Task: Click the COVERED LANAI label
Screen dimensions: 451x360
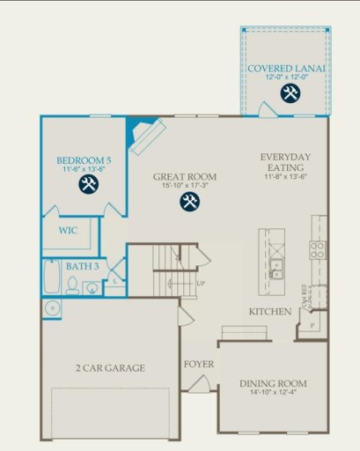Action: click(287, 68)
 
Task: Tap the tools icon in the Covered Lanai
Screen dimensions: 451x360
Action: click(289, 92)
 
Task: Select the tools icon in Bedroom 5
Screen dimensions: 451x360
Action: click(88, 184)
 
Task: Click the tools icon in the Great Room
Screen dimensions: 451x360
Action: click(189, 201)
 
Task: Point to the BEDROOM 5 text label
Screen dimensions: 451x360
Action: click(84, 160)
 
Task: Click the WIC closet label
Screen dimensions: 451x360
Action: click(69, 231)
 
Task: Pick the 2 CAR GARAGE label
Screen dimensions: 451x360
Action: click(110, 367)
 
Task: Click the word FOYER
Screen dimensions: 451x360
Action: click(198, 364)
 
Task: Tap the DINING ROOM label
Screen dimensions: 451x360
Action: click(274, 383)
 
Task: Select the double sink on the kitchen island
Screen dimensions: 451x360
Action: click(276, 268)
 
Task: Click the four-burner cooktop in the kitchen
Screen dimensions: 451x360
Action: click(317, 249)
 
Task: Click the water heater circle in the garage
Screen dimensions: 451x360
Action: click(52, 307)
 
